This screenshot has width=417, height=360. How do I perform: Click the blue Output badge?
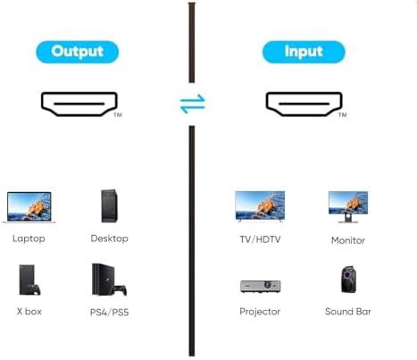pyautogui.click(x=78, y=52)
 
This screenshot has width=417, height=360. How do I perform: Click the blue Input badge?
pyautogui.click(x=304, y=52)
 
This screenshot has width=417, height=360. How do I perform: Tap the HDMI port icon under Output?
pyautogui.click(x=79, y=104)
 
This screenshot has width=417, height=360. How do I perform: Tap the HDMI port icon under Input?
pyautogui.click(x=304, y=104)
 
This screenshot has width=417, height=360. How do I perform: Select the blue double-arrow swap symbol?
pyautogui.click(x=193, y=104)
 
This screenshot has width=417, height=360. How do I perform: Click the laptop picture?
pyautogui.click(x=29, y=207)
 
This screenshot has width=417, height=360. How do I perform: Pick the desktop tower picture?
pyautogui.click(x=109, y=205)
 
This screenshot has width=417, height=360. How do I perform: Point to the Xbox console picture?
pyautogui.click(x=29, y=280)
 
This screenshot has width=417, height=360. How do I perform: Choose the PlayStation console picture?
pyautogui.click(x=109, y=280)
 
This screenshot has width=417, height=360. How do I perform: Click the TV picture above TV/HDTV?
pyautogui.click(x=260, y=206)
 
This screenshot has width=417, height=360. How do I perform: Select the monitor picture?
pyautogui.click(x=348, y=207)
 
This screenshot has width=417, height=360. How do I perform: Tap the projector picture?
pyautogui.click(x=260, y=287)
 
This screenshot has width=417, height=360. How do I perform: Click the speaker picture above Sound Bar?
pyautogui.click(x=348, y=280)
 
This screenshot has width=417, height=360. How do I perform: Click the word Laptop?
pyautogui.click(x=29, y=239)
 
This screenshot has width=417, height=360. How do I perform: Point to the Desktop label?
pyautogui.click(x=110, y=239)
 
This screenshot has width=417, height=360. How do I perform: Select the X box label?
pyautogui.click(x=29, y=312)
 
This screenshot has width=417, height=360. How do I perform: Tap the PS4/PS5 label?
pyautogui.click(x=109, y=313)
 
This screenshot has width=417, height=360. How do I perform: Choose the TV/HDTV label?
pyautogui.click(x=260, y=239)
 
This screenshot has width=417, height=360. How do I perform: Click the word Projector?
pyautogui.click(x=260, y=312)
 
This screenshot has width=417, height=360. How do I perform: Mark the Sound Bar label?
pyautogui.click(x=348, y=312)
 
